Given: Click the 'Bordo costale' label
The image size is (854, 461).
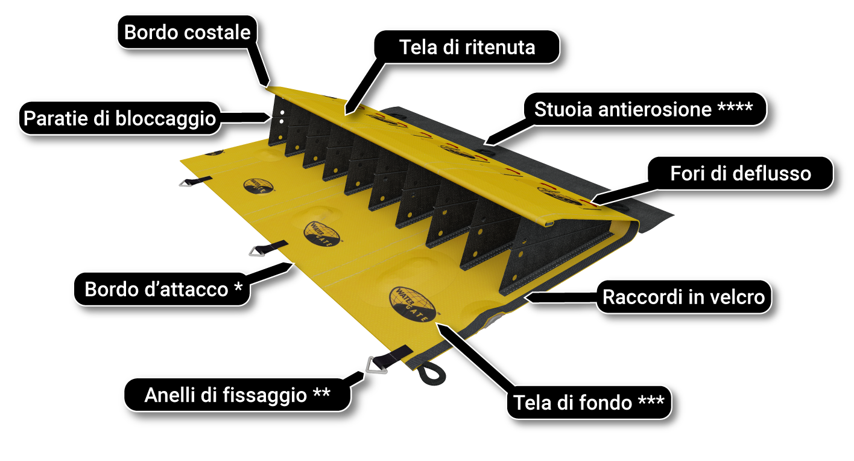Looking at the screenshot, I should click(x=187, y=32).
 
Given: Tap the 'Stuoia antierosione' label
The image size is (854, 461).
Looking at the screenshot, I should click(x=642, y=109).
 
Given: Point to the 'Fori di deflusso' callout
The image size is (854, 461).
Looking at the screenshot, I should click(x=740, y=174).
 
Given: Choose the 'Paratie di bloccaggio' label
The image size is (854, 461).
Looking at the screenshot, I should click(x=119, y=118).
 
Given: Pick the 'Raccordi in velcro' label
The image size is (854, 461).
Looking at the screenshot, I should click(x=683, y=297).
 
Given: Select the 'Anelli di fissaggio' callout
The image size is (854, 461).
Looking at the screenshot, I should click(x=236, y=395).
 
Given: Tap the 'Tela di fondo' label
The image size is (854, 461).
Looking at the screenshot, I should click(x=588, y=402).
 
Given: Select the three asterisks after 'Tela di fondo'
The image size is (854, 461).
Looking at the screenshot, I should click(x=651, y=401).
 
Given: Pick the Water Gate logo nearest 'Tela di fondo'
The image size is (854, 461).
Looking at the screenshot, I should click(x=413, y=304).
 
